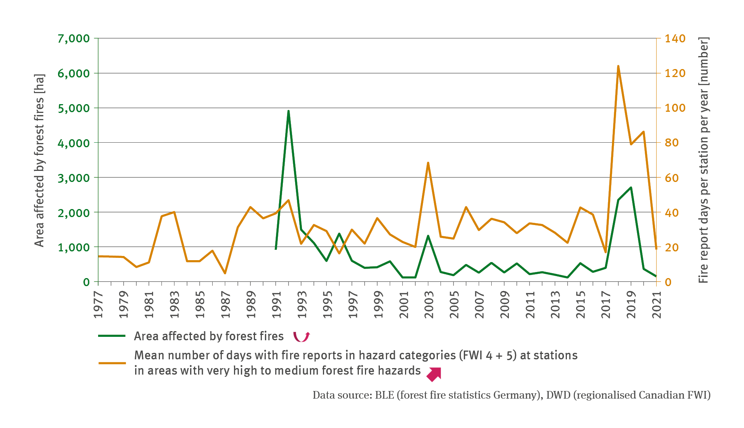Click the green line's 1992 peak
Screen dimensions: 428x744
point(289,111)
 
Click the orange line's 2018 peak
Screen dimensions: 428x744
point(618,66)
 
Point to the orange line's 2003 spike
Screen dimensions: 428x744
point(428,163)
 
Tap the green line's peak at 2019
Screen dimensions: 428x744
point(631,187)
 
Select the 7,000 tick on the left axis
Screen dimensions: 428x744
point(74,39)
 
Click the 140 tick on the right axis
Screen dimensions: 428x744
point(675,39)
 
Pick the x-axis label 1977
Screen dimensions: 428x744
point(98,304)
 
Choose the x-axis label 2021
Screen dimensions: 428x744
point(657,304)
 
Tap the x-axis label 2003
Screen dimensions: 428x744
point(429,304)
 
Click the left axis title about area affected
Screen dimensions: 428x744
point(39,160)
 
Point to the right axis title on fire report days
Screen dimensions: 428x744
point(703,160)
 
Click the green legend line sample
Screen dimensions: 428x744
point(112,336)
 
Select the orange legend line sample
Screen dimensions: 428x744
point(112,363)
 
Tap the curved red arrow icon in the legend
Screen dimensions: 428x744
point(301,336)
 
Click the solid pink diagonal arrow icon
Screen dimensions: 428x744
point(434,374)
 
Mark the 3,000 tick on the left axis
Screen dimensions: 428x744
point(74,178)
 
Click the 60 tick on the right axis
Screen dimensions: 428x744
point(672,178)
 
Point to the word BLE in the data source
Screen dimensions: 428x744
point(384,395)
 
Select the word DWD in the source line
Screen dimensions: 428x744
point(558,395)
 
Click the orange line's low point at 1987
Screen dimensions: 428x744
point(225,273)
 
